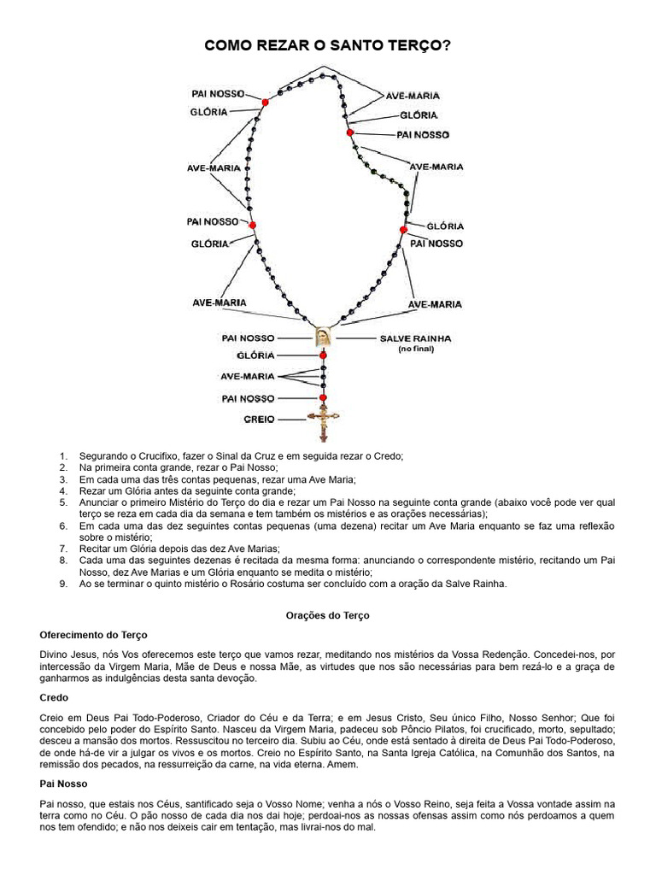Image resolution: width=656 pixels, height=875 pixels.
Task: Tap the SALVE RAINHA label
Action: [415, 338]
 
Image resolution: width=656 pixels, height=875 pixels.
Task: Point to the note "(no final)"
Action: [415, 349]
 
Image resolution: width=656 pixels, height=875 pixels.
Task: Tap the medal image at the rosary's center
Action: [323, 338]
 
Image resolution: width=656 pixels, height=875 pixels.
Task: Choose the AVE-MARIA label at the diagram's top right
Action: [413, 97]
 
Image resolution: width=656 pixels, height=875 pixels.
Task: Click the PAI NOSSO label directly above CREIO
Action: [248, 398]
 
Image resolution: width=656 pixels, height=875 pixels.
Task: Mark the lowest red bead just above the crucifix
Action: [324, 398]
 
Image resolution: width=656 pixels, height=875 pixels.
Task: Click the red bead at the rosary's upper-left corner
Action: [265, 103]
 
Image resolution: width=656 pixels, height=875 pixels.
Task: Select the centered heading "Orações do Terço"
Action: [327, 614]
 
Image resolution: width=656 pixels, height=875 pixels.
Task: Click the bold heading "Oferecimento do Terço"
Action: [94, 635]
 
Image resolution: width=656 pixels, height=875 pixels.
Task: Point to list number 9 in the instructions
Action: [63, 584]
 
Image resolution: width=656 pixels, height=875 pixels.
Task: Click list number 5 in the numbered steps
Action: [63, 502]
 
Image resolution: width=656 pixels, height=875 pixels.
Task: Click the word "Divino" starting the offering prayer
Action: [56, 654]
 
